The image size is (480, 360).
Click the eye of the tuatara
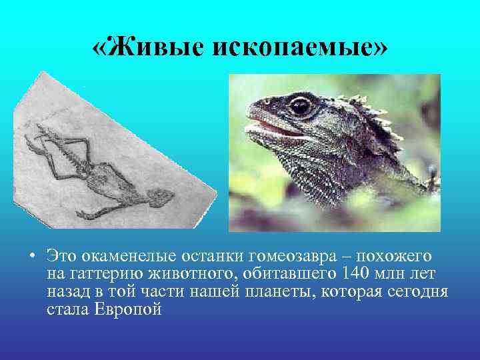[300, 105]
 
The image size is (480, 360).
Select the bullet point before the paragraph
[31, 255]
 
